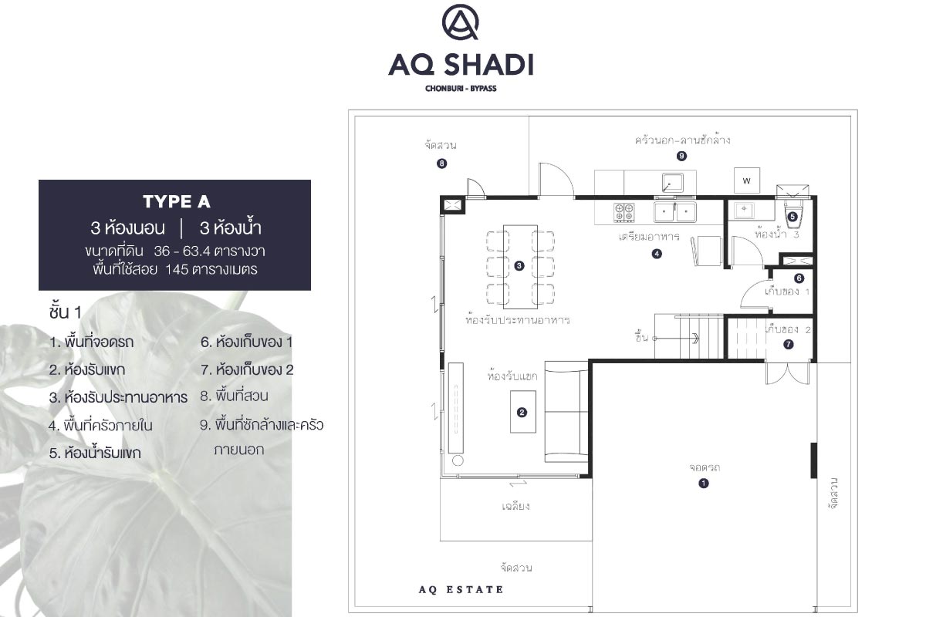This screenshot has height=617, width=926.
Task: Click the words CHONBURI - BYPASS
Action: [461, 89]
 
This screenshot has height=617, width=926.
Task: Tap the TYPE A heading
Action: [177, 201]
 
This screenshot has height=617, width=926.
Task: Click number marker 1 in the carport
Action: [704, 483]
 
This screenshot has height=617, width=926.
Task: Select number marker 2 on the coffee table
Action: [522, 413]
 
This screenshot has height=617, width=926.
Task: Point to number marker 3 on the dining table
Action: [519, 266]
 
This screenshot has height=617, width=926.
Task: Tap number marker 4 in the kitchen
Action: [657, 254]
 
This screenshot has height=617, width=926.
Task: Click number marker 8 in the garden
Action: [442, 164]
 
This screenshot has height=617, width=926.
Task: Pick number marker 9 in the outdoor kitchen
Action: [681, 156]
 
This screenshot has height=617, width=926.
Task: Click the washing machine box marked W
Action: [747, 180]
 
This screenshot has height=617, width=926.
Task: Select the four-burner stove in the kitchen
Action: [624, 212]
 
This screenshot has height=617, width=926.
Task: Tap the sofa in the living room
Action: [566, 412]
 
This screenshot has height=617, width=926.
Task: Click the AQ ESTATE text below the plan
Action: [461, 590]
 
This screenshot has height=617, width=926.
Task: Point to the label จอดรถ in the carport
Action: [705, 468]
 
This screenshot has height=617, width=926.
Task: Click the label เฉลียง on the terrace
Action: [515, 506]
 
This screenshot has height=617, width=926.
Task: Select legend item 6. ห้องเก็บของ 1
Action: [246, 342]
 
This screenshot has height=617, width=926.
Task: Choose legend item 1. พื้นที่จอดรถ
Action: [91, 342]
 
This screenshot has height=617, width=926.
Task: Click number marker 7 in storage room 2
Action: [789, 344]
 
